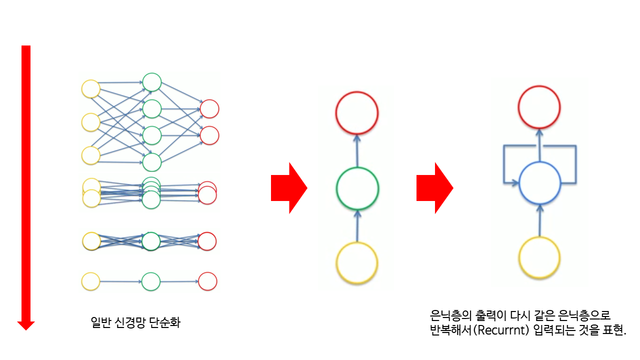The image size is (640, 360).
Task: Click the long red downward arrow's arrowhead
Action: tap(26, 324)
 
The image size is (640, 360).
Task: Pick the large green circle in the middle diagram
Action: tap(357, 188)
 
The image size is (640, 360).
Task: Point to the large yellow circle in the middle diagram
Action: tap(357, 263)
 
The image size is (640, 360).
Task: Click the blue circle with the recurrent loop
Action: tap(539, 183)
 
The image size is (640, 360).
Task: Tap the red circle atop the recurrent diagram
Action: tap(539, 106)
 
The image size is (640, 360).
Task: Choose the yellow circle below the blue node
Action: tap(539, 257)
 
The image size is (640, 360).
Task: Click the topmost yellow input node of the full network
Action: tap(91, 89)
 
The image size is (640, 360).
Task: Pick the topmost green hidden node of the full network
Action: tap(151, 82)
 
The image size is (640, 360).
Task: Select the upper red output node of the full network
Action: tap(209, 108)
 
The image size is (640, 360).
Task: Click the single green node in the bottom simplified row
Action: tap(150, 281)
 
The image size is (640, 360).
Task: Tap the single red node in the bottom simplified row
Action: tap(207, 281)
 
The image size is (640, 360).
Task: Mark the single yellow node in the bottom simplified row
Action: tap(90, 281)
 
